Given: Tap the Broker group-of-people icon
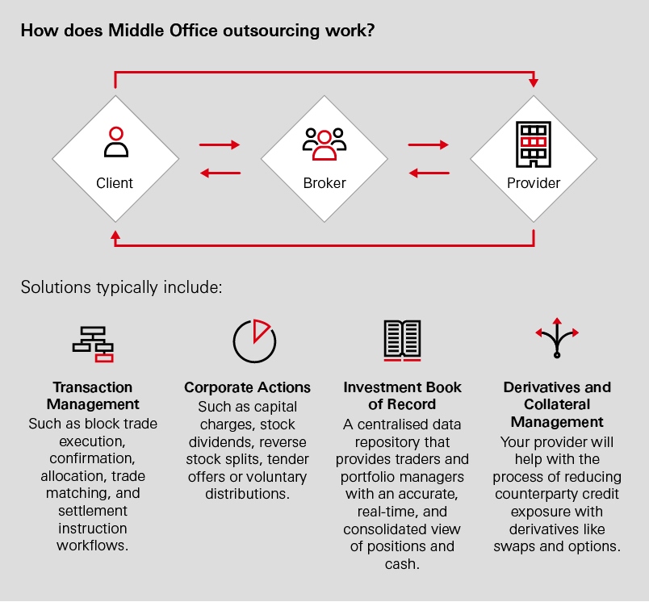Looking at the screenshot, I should click(x=324, y=143).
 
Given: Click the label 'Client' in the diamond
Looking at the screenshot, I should click(x=115, y=183).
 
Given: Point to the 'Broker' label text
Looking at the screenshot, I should click(x=324, y=183).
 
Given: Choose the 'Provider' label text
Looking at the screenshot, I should click(x=534, y=183).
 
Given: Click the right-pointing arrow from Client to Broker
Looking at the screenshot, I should click(x=220, y=145).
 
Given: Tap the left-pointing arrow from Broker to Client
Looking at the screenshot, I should click(x=220, y=172).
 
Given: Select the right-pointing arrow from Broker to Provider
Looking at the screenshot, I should click(x=429, y=145).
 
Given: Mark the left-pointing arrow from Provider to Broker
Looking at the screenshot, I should click(x=429, y=172).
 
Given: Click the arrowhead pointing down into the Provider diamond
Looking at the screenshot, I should click(x=534, y=82).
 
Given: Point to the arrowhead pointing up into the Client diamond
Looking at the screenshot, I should click(x=115, y=236).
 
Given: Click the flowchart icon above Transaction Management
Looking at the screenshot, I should click(x=93, y=344).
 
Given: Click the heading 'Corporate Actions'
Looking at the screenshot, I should click(x=247, y=387).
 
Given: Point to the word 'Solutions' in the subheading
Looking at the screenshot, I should click(x=52, y=287).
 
